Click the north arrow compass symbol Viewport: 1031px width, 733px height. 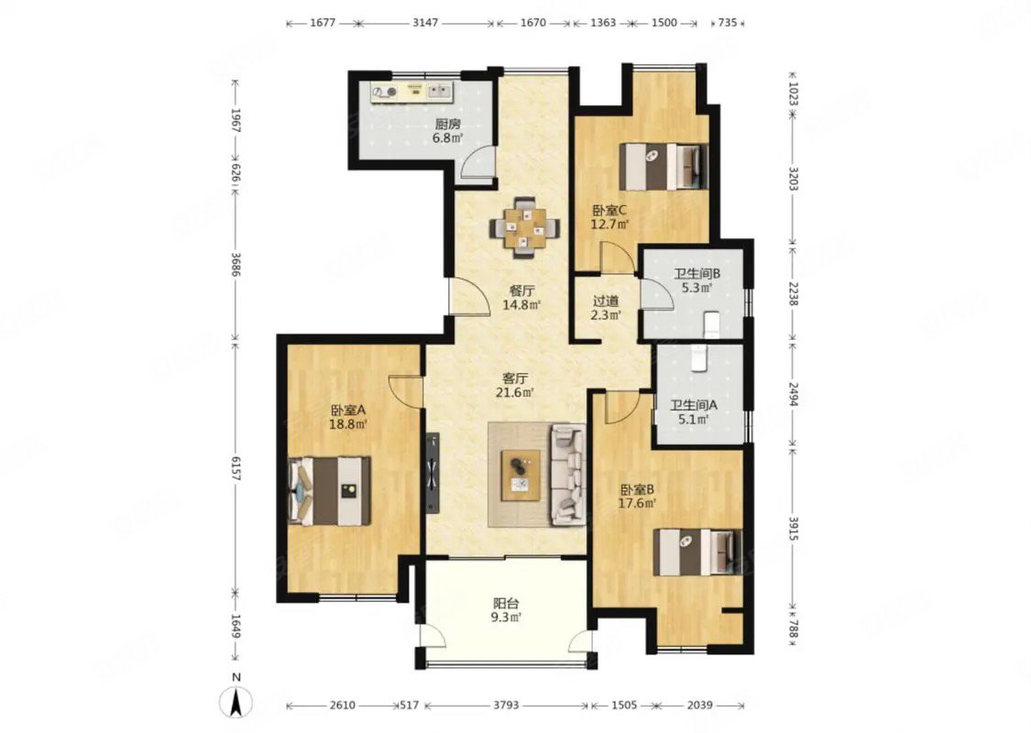(237, 701)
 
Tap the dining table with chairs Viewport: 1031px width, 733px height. (525, 229)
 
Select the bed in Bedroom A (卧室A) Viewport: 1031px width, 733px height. (329, 491)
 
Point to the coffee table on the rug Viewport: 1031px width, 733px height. (521, 476)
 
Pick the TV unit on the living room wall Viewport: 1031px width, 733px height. (432, 472)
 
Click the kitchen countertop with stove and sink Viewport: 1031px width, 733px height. (411, 92)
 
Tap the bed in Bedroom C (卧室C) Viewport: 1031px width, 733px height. (664, 167)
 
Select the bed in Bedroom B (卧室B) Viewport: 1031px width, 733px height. (698, 552)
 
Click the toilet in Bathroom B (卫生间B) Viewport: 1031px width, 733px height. (713, 324)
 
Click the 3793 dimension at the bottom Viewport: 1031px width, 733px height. (506, 705)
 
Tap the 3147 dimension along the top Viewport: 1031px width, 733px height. (425, 22)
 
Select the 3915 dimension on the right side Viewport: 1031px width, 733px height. (793, 530)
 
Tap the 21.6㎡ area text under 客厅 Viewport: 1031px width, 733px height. (514, 392)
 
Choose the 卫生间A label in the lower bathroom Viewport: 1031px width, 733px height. (694, 405)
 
